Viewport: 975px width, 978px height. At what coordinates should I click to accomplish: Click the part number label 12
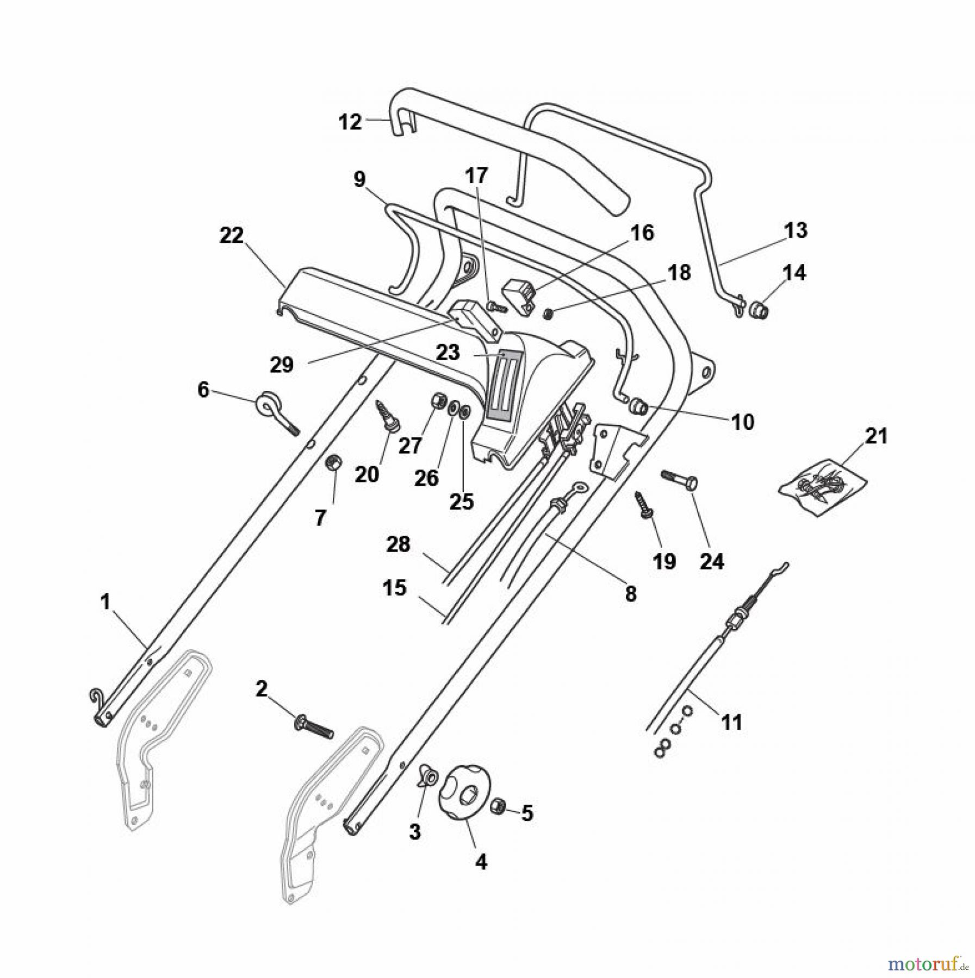(350, 122)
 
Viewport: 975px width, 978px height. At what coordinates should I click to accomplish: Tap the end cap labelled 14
(759, 311)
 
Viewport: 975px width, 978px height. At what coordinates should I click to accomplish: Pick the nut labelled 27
(437, 400)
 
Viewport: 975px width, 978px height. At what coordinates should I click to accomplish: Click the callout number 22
(232, 236)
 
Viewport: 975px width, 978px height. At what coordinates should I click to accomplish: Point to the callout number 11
(731, 722)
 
